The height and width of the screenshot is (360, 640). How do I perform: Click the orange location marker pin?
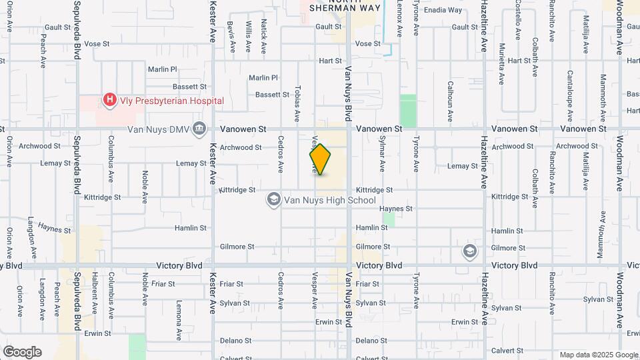(x=321, y=159)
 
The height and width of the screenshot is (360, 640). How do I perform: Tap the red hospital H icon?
(x=109, y=101)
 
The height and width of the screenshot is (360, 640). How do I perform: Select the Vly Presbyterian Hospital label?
(x=171, y=101)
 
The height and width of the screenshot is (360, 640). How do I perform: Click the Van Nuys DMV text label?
(x=159, y=129)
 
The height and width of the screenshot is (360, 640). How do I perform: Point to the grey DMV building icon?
(x=199, y=129)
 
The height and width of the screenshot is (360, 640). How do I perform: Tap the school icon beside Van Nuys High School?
(x=273, y=199)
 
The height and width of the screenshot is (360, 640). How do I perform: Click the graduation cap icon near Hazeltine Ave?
(x=470, y=251)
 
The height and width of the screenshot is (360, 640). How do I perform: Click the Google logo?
(x=22, y=351)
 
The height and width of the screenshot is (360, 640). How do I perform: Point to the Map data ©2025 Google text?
(x=598, y=355)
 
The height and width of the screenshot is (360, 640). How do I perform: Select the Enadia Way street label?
(x=443, y=11)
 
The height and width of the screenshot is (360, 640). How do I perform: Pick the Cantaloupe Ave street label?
(x=570, y=90)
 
